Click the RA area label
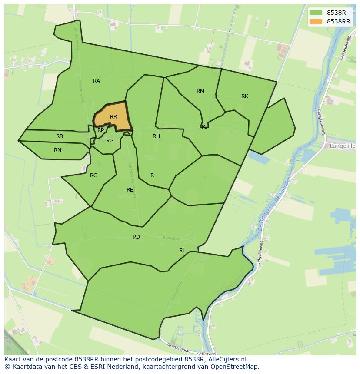(97, 81)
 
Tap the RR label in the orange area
(113, 117)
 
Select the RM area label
(200, 91)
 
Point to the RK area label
(245, 96)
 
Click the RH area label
(156, 136)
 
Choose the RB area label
(60, 136)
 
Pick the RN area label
(57, 150)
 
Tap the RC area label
(93, 175)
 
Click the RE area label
(130, 190)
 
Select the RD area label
(137, 237)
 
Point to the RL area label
(182, 251)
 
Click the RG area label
(110, 141)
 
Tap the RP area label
(100, 130)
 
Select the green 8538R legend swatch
(316, 13)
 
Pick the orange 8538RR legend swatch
(316, 21)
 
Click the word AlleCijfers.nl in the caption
(227, 359)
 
